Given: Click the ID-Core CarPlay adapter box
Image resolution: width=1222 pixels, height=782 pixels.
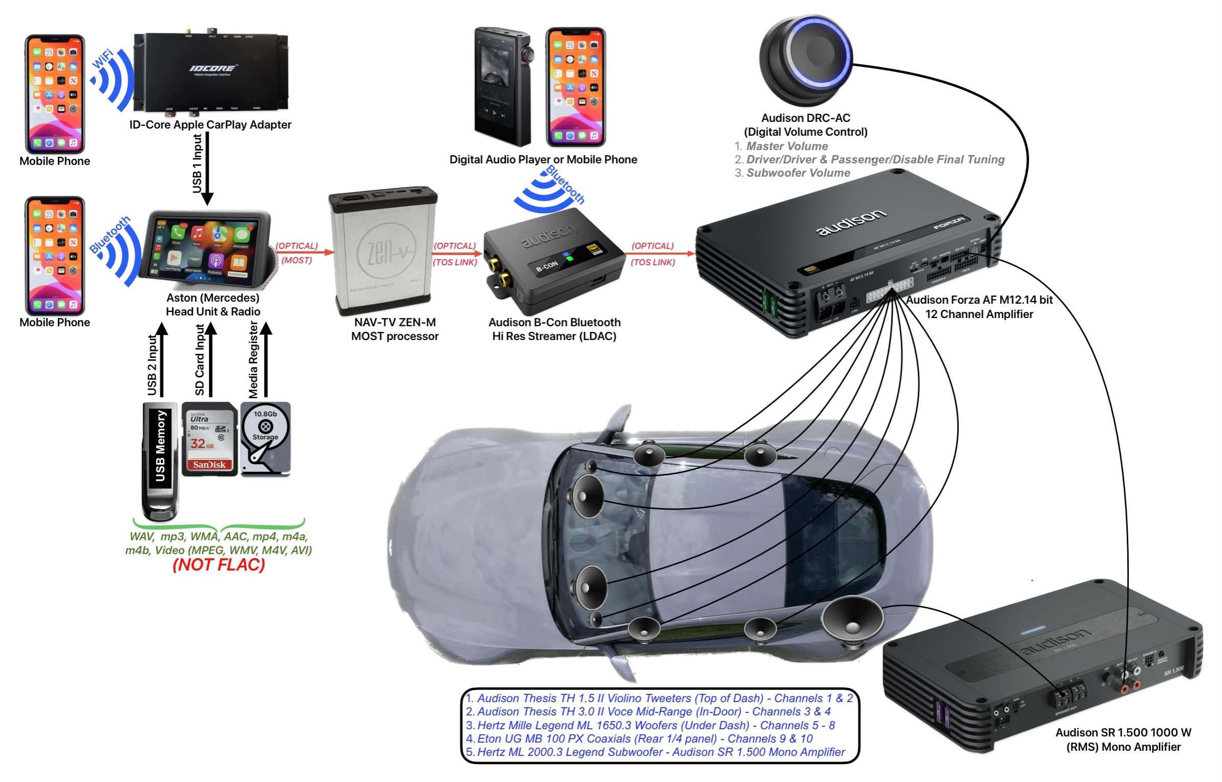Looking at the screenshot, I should tap(210, 72).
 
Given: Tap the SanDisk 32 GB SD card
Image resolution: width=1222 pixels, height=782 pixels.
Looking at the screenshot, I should tap(209, 439).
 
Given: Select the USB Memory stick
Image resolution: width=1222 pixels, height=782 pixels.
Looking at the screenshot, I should tap(161, 461).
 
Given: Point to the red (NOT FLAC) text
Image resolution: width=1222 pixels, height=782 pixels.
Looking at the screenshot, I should tap(219, 565).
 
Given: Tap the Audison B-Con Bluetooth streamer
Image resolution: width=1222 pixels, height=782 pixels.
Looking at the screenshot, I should tap(553, 261).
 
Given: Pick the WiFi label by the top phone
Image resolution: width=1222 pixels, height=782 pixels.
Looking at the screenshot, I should tap(102, 59).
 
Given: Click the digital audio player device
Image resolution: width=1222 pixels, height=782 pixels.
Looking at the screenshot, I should tap(502, 87).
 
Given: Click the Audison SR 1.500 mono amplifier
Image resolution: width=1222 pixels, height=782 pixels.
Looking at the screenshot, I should tap(1044, 666).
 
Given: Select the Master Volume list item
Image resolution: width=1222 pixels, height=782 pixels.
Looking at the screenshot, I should tap(786, 146).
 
